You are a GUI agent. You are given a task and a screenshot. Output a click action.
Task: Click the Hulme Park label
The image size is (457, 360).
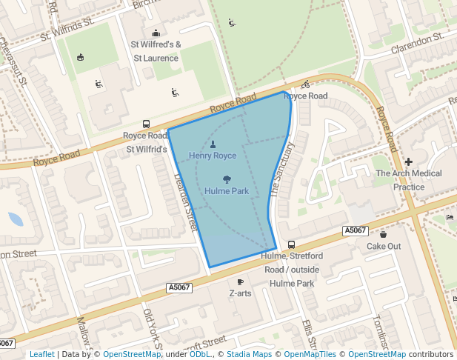coord(226,191)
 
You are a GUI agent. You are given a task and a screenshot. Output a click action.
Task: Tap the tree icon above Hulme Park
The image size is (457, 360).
coord(226,179)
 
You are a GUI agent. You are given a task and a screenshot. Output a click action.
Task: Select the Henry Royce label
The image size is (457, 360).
coord(213,156)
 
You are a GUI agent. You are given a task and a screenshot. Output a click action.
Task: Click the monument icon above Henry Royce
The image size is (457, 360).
coord(213,144)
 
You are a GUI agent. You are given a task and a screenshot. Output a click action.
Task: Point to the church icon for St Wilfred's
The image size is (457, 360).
coord(156,33)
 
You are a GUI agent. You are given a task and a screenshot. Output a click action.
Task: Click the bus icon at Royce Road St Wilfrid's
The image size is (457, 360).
coord(146,124)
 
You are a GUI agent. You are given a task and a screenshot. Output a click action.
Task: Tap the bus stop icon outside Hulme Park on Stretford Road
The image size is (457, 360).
coord(291,244)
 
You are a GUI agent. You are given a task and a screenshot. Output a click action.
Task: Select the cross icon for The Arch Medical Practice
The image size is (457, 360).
coord(408,161)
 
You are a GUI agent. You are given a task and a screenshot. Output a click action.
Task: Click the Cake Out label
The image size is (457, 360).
coord(384,246)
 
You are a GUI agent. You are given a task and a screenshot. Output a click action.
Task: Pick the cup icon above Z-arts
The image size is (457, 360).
coord(240,281)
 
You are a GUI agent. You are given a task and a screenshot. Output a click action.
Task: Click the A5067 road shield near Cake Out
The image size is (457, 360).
coord(356,231)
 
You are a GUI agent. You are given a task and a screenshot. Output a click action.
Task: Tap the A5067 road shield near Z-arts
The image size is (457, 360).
coord(179,287)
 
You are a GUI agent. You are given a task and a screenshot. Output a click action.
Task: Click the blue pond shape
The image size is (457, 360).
coord(15,219)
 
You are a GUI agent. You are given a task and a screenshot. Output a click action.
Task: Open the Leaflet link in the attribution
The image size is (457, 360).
coord(41,354)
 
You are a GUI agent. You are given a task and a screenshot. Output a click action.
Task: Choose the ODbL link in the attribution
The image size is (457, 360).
coord(200,354)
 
